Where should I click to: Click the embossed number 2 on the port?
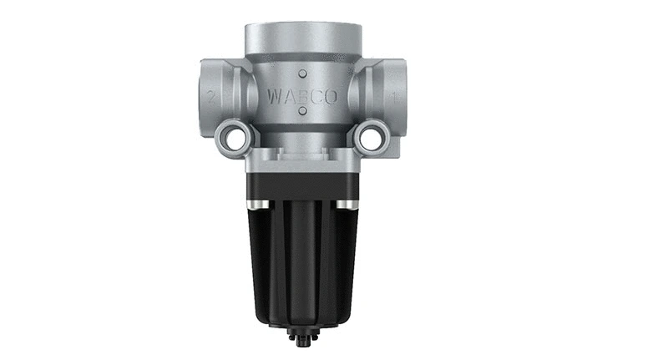(212, 97)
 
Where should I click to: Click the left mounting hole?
(235, 137)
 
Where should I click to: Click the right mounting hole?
(370, 137)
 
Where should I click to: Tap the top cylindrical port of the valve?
(302, 38)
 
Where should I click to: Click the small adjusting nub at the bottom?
(302, 339)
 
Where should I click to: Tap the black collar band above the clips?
(302, 185)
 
